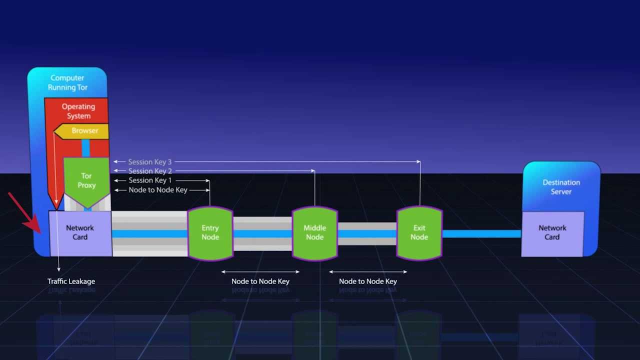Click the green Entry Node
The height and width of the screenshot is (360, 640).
(x=210, y=232)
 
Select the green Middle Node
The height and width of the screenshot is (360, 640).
(x=314, y=232)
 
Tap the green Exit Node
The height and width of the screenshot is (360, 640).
(x=419, y=232)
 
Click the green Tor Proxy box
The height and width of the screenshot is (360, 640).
(x=86, y=180)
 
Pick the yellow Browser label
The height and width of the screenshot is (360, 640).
(x=84, y=131)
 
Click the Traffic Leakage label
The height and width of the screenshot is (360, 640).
(x=71, y=281)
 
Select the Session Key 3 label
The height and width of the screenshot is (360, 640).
(x=149, y=162)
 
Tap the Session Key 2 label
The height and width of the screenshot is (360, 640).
(x=150, y=171)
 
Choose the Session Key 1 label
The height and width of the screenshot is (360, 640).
(x=150, y=180)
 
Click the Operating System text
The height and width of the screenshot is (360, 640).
(x=78, y=111)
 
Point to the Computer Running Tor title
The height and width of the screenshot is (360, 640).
(x=67, y=82)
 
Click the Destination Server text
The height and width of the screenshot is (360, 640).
(x=561, y=187)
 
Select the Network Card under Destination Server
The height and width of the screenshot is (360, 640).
(x=552, y=232)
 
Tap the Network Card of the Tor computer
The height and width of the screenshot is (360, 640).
(x=80, y=232)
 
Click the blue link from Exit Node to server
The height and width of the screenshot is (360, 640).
(x=481, y=233)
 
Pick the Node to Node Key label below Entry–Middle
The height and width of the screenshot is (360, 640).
(x=260, y=281)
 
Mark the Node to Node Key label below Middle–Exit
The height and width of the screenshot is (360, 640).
(x=367, y=281)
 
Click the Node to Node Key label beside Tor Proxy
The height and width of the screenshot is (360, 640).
(x=157, y=190)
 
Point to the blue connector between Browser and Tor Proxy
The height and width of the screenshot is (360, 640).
(x=85, y=148)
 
